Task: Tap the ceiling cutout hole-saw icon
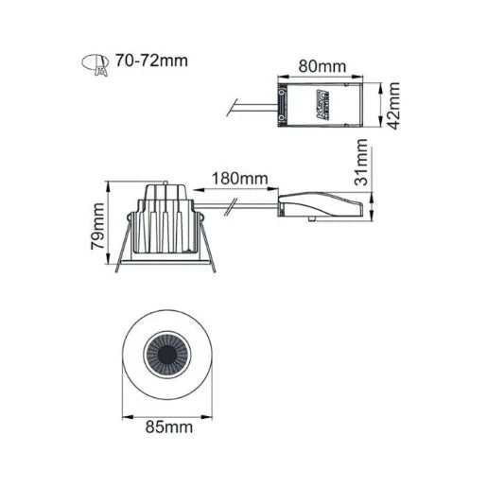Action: [x=94, y=62]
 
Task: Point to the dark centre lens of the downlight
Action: [x=170, y=357]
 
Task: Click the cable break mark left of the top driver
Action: [x=231, y=105]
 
